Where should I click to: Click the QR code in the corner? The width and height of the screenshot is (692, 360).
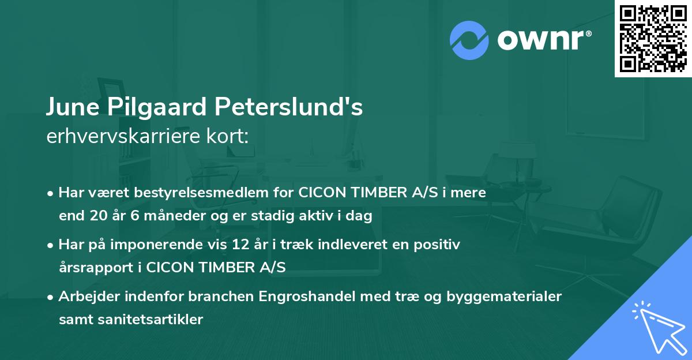(x=653, y=38)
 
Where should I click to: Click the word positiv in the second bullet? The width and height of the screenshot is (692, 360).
(x=440, y=245)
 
